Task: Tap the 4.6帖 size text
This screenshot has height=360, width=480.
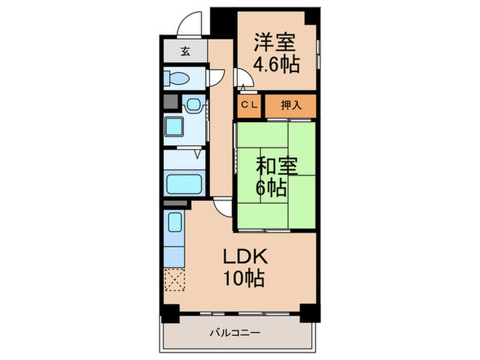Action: coord(276,66)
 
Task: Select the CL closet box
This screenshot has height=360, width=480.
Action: coord(249,105)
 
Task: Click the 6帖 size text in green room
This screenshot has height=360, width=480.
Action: coord(272,187)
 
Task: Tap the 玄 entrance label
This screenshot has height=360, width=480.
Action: coord(185,50)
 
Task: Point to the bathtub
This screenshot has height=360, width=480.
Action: coord(183,184)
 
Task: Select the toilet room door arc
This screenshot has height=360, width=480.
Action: coord(216,77)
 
